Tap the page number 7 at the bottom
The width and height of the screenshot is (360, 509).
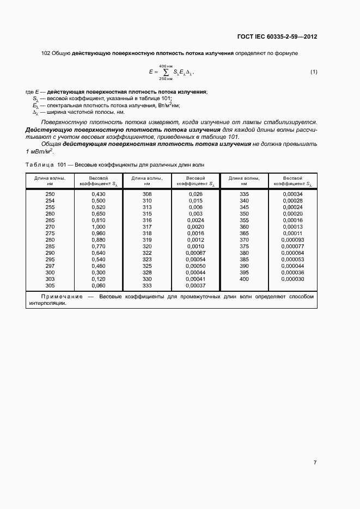click(x=315, y=462)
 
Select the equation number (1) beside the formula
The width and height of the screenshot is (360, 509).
click(x=314, y=72)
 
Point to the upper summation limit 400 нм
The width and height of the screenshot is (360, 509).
click(x=165, y=65)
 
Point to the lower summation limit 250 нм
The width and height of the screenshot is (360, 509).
click(x=165, y=79)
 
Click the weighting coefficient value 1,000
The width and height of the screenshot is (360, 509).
click(x=98, y=226)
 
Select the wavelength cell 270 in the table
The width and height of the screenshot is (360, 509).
click(x=50, y=226)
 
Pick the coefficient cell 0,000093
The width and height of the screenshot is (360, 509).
click(x=293, y=240)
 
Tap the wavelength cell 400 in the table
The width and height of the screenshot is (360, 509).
click(x=244, y=279)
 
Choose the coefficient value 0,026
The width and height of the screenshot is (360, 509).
click(x=195, y=194)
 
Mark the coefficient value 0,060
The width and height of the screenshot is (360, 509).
click(x=98, y=285)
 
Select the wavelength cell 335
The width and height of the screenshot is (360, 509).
click(x=244, y=194)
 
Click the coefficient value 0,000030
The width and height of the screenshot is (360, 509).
click(x=293, y=279)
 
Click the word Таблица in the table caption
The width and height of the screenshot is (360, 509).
click(x=40, y=164)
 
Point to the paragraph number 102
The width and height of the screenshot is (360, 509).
click(x=46, y=53)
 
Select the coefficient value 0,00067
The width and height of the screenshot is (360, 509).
click(x=195, y=253)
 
